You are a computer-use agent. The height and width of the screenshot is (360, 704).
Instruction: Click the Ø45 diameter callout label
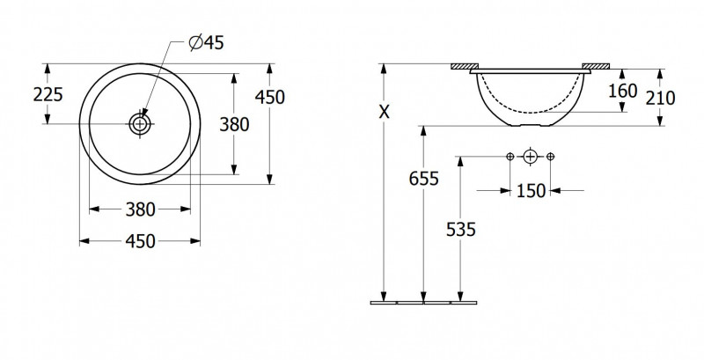pos(206,42)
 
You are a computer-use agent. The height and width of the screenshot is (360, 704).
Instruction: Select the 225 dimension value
pos(48,95)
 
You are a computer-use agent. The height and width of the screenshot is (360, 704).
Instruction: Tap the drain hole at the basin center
pos(141,124)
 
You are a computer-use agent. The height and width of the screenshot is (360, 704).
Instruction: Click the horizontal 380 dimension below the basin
pos(140,209)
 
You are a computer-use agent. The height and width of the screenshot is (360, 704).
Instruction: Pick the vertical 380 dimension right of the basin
pos(234,124)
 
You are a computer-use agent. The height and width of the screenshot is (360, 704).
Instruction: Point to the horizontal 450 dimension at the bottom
pos(140,241)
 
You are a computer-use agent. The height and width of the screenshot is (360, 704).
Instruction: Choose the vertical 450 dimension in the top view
pos(270,97)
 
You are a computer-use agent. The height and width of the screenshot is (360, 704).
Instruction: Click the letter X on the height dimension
pos(384,112)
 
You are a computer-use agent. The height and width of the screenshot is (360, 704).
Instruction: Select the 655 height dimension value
pos(423,179)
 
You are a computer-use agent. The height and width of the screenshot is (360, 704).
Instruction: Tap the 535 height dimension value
pos(460,230)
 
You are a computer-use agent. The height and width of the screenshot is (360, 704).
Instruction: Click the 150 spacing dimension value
pos(531,191)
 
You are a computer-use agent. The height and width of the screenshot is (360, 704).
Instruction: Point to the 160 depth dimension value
pos(623,91)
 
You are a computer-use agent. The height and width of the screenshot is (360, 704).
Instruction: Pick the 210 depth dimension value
pos(661,98)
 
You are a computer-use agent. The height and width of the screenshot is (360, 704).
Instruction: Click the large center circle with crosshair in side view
pos(531,156)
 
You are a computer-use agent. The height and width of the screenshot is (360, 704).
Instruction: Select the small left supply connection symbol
pos(510,156)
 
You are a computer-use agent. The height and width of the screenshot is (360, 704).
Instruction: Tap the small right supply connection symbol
pos(551,156)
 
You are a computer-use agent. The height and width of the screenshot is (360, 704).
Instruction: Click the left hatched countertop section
pos(466,66)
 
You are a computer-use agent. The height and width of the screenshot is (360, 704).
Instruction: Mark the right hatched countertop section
pos(596,66)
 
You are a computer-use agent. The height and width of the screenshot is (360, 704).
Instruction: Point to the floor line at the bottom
pos(423,303)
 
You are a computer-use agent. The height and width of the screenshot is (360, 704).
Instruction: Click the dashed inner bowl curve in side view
pos(531,112)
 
